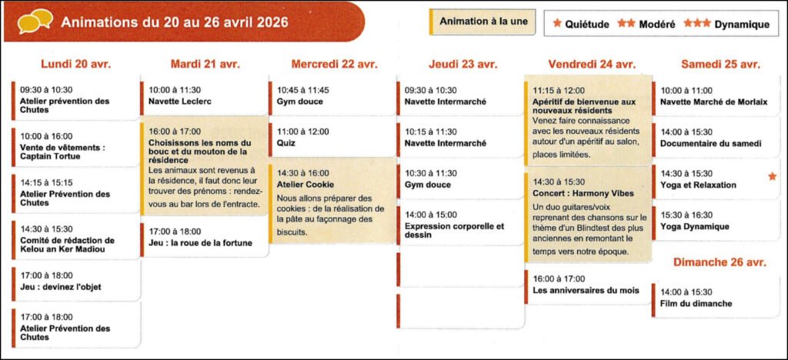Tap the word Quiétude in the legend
tap(587, 25)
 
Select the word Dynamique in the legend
tap(741, 25)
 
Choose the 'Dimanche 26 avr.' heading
tap(720, 262)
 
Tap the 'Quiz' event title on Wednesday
tap(286, 143)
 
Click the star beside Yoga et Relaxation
tap(772, 177)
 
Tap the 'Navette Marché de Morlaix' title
tap(713, 102)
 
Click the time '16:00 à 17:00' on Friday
tap(559, 279)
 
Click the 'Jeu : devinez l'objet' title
tap(61, 287)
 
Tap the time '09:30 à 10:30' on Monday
tap(46, 90)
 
